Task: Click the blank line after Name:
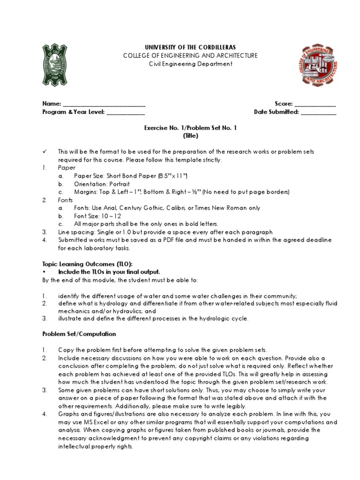tap(104, 104)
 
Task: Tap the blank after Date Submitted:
tap(318, 112)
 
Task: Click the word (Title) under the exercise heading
tap(190, 136)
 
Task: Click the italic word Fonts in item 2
tap(67, 200)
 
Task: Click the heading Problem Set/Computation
tap(79, 334)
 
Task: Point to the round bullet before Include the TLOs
tap(44, 272)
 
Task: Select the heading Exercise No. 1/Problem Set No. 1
tap(190, 128)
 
